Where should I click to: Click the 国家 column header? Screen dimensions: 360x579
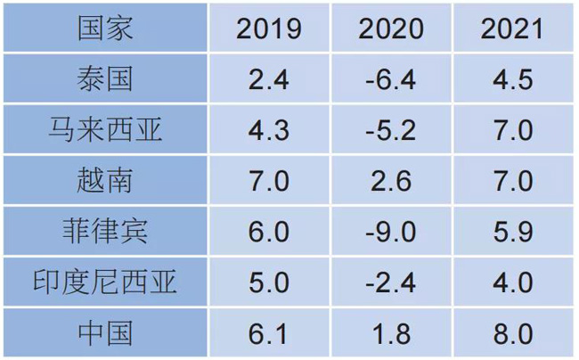[105, 28]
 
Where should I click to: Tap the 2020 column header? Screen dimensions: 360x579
[391, 29]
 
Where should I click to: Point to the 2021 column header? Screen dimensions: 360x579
[512, 29]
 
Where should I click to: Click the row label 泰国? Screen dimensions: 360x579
[105, 79]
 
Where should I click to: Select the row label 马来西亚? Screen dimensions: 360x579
[105, 130]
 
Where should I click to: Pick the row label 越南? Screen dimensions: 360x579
[105, 181]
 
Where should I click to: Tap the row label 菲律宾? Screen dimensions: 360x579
[105, 232]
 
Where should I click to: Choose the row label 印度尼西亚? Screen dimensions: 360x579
[105, 282]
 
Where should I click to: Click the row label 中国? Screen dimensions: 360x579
[105, 333]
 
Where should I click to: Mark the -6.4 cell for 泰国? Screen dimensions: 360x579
[391, 79]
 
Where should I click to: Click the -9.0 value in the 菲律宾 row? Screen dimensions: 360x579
[391, 232]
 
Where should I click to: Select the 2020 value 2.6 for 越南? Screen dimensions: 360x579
[391, 181]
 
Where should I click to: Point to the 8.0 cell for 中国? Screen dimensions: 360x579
[512, 333]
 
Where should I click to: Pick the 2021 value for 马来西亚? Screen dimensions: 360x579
[512, 130]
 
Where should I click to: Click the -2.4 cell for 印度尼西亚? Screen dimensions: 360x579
[391, 282]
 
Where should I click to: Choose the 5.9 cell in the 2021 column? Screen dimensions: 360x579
[512, 232]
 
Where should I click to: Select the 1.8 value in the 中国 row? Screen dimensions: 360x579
[391, 333]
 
